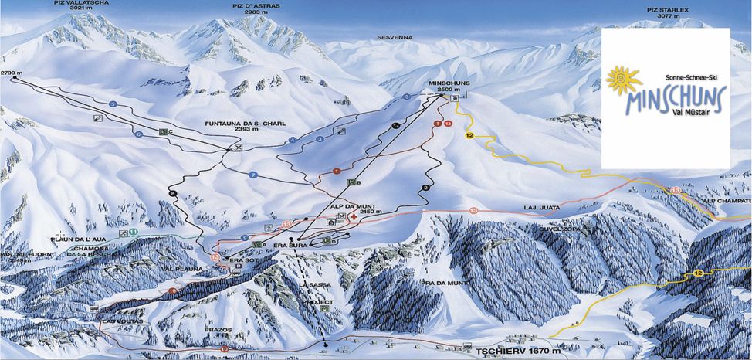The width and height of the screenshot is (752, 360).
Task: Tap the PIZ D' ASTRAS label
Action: click(256, 8)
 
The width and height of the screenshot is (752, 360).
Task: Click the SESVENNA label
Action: click(395, 37)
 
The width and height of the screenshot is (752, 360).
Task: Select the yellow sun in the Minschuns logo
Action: click(624, 80)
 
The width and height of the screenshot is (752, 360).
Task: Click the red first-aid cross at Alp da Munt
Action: click(354, 219)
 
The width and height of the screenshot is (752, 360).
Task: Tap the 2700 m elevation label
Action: click(12, 73)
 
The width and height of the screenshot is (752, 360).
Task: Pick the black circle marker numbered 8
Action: click(173, 192)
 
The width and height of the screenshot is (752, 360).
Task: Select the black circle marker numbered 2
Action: click(425, 188)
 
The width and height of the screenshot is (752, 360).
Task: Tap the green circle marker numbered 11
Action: click(134, 231)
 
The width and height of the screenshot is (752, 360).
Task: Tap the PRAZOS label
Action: click(218, 330)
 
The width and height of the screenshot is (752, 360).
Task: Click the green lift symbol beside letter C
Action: click(163, 131)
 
